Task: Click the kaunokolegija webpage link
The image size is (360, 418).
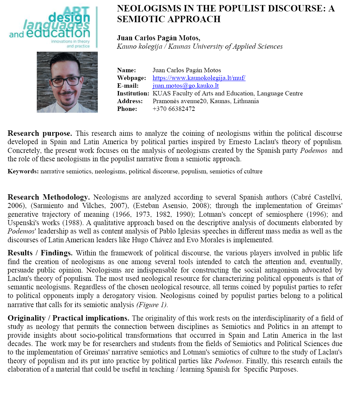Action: (x=199, y=78)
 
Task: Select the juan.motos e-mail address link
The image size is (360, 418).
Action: (x=185, y=86)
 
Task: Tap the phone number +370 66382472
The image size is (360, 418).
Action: (x=174, y=109)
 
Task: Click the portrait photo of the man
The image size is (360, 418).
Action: (x=67, y=82)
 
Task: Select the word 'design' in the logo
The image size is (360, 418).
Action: (x=69, y=17)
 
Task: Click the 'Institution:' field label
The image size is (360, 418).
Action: (x=133, y=93)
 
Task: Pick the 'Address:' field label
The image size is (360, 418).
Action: (x=130, y=101)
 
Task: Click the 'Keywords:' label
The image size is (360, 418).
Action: (x=23, y=171)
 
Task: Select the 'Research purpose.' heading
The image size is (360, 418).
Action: (x=40, y=133)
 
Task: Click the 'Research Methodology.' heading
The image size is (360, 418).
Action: (x=49, y=197)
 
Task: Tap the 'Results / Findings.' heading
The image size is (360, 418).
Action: (x=40, y=253)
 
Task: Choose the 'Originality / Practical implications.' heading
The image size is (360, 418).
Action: (x=68, y=318)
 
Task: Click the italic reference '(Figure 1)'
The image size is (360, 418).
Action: (x=152, y=305)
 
